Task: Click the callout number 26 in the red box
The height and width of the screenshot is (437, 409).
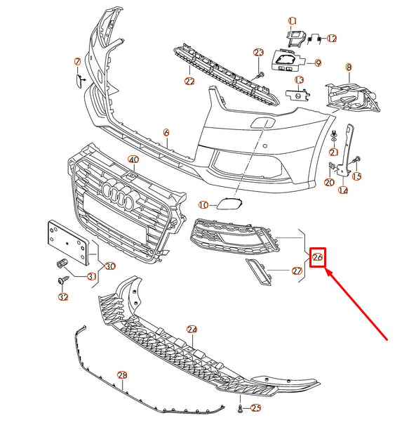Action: [x=318, y=258]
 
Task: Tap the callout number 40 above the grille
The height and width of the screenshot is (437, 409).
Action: [x=133, y=160]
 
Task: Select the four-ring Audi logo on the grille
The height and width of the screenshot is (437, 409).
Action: [x=117, y=195]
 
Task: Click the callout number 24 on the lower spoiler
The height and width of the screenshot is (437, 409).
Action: [x=192, y=329]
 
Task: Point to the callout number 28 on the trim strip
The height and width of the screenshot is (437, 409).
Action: [x=121, y=375]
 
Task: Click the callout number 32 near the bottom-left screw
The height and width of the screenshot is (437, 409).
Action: [x=64, y=298]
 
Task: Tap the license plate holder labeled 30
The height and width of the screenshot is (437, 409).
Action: [x=68, y=240]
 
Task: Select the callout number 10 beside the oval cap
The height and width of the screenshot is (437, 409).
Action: [x=203, y=205]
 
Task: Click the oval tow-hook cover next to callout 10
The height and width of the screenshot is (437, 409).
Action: [x=226, y=204]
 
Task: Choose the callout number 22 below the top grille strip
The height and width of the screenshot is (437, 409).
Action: [x=189, y=81]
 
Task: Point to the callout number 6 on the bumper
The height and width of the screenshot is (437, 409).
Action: [x=166, y=132]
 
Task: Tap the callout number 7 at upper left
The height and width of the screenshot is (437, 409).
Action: [x=78, y=63]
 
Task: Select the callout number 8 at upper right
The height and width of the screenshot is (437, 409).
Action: [x=348, y=67]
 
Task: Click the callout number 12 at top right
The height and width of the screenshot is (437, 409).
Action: [x=332, y=38]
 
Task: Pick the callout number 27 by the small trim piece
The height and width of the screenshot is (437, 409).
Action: [x=297, y=271]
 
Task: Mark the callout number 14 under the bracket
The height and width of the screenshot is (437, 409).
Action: [x=343, y=190]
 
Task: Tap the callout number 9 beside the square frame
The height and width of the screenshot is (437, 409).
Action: [x=318, y=63]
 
